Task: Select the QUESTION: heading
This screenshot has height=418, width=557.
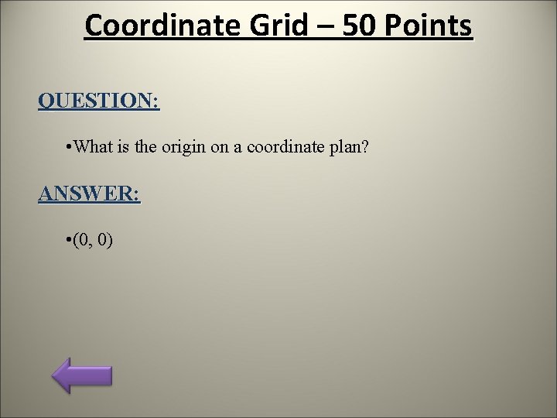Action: (98, 101)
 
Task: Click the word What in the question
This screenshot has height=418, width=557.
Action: (94, 147)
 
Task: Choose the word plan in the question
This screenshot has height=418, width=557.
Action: (352, 148)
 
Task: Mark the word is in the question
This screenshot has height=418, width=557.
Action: (125, 147)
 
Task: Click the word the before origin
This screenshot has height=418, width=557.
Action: (146, 147)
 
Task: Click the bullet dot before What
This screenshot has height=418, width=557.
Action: (70, 147)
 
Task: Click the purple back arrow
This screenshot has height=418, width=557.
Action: (82, 375)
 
